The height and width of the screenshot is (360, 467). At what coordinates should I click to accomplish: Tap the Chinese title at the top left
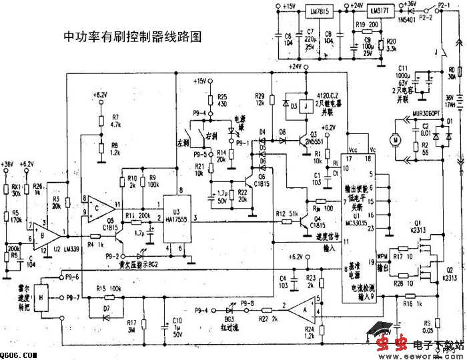pos(131,36)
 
